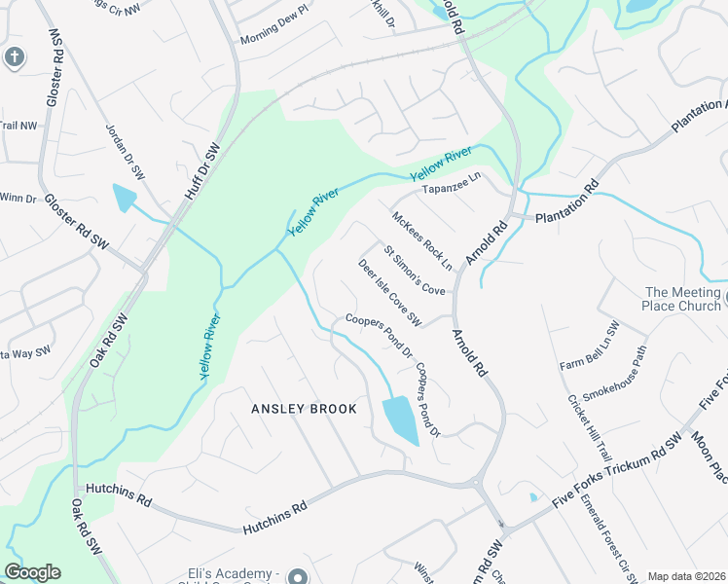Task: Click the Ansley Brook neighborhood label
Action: [x=304, y=409]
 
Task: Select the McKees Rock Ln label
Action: [x=422, y=240]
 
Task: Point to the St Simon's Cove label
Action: [x=414, y=270]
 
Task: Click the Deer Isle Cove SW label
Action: [x=389, y=292]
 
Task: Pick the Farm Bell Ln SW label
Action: [x=590, y=347]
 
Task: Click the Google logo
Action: [x=32, y=572]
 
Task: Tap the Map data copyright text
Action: [x=685, y=576]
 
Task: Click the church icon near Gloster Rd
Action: [x=14, y=56]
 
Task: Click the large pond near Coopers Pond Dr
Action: [x=400, y=420]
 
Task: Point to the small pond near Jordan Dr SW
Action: [x=125, y=198]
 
